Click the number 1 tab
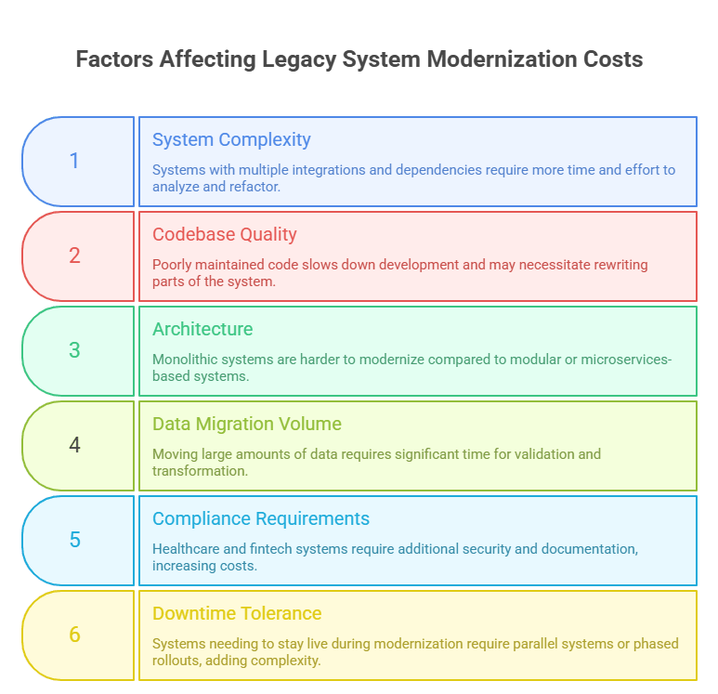(x=74, y=161)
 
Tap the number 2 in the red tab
(x=74, y=255)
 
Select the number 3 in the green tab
(x=74, y=350)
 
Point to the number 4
(x=74, y=445)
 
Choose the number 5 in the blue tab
(x=74, y=540)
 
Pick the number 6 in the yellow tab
(x=74, y=635)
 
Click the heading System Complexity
(x=231, y=139)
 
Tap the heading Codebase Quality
(x=225, y=234)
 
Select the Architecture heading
(x=202, y=329)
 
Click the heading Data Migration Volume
(x=247, y=424)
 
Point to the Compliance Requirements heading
(x=261, y=518)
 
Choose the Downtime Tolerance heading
(x=237, y=613)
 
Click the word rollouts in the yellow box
(x=178, y=660)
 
